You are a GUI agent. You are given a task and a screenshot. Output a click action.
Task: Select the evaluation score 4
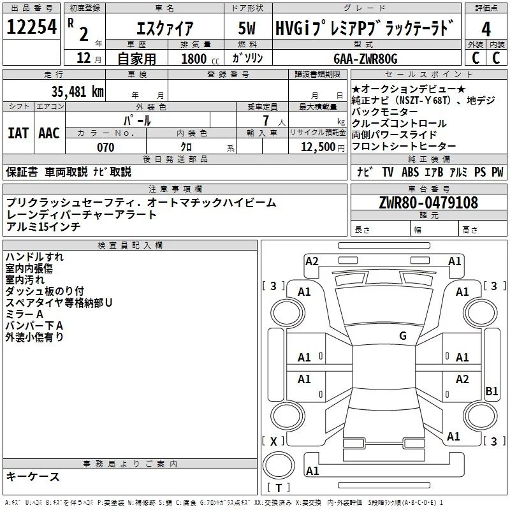pyautogui.click(x=486, y=29)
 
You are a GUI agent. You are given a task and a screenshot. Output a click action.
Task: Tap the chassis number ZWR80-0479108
pyautogui.click(x=428, y=203)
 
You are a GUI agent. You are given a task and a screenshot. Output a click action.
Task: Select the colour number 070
pyautogui.click(x=105, y=147)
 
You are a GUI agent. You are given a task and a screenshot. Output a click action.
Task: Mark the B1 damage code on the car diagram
pyautogui.click(x=492, y=391)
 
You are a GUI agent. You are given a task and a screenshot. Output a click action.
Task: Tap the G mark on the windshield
pyautogui.click(x=402, y=335)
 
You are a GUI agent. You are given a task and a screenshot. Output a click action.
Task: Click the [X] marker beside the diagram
pyautogui.click(x=273, y=441)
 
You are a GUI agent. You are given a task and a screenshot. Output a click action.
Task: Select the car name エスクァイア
pyautogui.click(x=165, y=29)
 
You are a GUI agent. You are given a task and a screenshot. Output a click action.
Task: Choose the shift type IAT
pyautogui.click(x=17, y=133)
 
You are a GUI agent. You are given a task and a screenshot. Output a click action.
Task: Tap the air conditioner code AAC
pyautogui.click(x=48, y=133)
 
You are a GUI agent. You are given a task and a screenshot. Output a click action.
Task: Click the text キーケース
pyautogui.click(x=33, y=476)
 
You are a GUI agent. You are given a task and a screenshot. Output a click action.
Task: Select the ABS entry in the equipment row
pyautogui.click(x=411, y=171)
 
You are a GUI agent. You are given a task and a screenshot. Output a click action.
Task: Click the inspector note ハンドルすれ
pyautogui.click(x=34, y=257)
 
